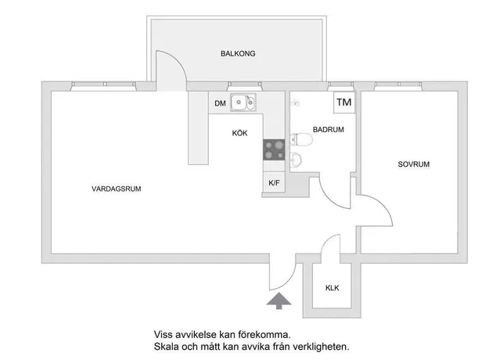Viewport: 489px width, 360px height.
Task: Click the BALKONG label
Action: [x=238, y=54]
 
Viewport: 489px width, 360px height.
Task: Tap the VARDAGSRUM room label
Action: [x=117, y=189]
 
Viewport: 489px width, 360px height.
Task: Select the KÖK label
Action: [x=240, y=133]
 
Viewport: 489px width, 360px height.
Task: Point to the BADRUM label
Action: [x=329, y=129]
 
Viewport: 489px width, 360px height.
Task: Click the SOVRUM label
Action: [x=414, y=164]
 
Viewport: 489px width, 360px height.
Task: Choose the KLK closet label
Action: [x=333, y=288]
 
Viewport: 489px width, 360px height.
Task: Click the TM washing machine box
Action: [x=344, y=103]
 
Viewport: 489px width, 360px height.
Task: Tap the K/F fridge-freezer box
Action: [x=274, y=182]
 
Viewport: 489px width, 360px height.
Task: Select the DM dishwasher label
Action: [x=220, y=103]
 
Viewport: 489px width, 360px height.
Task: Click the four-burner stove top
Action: [x=274, y=149]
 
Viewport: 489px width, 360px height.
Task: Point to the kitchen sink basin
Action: [x=239, y=102]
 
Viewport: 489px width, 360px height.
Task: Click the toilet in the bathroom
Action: [x=301, y=139]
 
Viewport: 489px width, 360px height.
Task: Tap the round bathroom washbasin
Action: [x=296, y=160]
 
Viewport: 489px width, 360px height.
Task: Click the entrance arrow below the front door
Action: [x=279, y=301]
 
